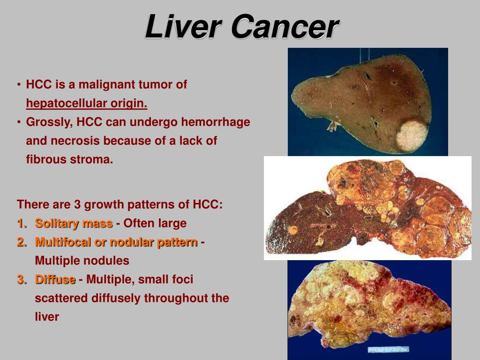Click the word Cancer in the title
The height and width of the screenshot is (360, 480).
(285, 27)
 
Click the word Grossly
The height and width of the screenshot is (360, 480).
(48, 122)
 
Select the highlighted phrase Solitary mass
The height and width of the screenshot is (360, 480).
(74, 224)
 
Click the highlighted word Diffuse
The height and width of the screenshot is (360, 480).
(55, 280)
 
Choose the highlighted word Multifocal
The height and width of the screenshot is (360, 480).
(62, 242)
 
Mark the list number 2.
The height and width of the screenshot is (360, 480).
(22, 242)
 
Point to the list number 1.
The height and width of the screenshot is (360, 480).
(22, 224)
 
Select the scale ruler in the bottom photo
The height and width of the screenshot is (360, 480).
(388, 349)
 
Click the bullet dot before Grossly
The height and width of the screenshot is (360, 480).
(19, 122)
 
